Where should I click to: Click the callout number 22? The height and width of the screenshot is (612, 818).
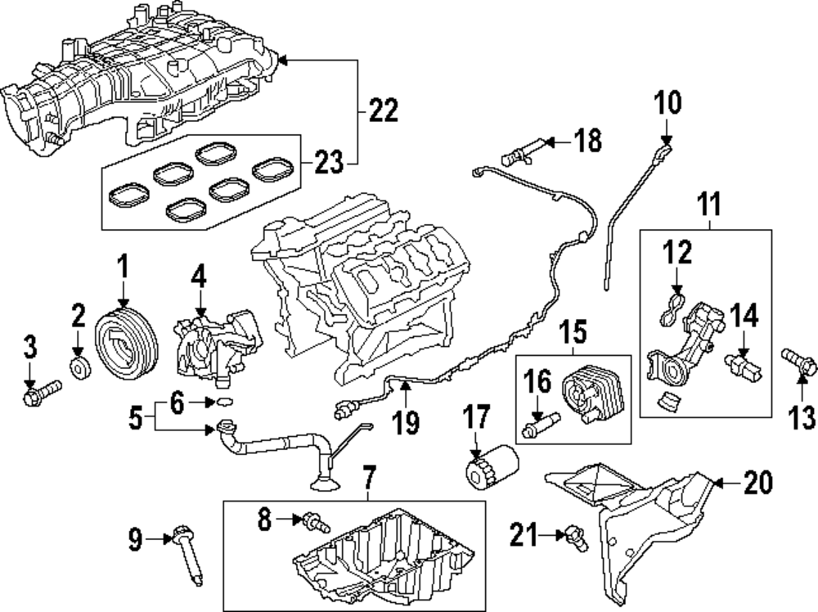point(382,109)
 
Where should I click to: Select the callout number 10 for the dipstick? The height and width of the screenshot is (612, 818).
point(667,104)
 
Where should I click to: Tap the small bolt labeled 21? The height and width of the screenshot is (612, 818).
point(574,538)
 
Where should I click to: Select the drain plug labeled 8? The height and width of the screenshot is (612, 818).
point(312,519)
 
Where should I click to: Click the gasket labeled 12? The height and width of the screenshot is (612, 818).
point(672,310)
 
